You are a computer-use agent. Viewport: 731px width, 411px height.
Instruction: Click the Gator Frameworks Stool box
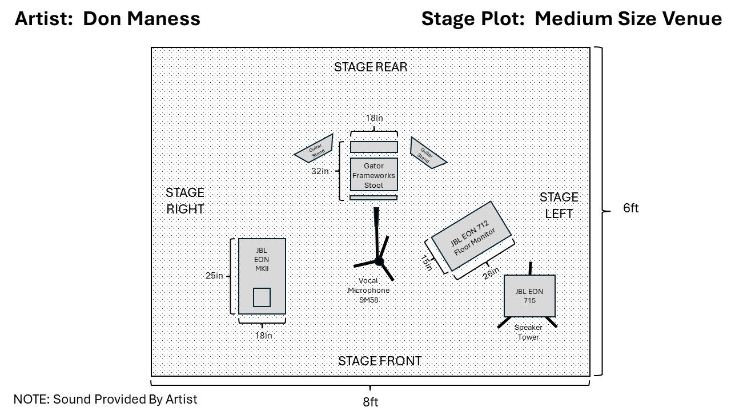373,175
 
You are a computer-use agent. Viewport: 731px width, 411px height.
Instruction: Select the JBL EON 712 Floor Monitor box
471,236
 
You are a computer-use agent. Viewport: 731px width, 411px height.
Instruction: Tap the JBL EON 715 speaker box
529,296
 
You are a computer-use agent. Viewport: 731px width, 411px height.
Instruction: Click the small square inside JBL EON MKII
262,297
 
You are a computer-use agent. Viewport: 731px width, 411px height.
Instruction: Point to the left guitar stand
315,150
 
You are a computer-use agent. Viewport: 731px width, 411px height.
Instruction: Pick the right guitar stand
428,152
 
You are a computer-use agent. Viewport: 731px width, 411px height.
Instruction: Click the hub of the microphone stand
378,261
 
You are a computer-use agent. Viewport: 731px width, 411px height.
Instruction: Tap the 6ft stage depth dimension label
630,208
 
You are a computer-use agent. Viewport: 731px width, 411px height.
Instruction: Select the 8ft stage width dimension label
370,402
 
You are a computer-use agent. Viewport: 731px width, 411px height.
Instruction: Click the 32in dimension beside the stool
320,171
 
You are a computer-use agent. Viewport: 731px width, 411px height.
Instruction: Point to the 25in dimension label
214,276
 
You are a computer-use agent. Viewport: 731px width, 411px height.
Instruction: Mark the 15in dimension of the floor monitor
426,263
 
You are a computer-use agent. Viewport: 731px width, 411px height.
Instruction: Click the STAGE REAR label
371,67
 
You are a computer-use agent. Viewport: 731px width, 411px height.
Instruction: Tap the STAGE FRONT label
380,361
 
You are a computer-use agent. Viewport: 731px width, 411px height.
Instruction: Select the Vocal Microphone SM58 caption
368,290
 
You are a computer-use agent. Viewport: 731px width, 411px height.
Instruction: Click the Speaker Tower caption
528,332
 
